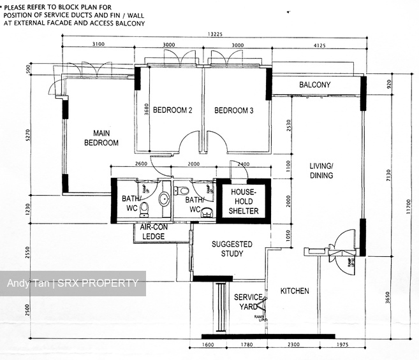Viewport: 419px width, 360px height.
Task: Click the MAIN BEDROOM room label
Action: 101,138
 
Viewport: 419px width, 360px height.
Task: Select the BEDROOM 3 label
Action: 233,111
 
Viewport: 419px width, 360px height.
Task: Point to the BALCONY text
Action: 314,85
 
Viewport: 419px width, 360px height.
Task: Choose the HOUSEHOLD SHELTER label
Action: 243,201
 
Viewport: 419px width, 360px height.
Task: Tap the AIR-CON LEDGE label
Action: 153,232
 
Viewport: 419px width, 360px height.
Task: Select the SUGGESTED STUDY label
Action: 232,248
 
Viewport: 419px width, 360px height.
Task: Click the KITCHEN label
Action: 295,291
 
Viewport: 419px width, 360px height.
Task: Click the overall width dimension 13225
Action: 215,36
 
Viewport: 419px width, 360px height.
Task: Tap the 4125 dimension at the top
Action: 316,45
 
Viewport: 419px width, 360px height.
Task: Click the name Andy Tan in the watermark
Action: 26,284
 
